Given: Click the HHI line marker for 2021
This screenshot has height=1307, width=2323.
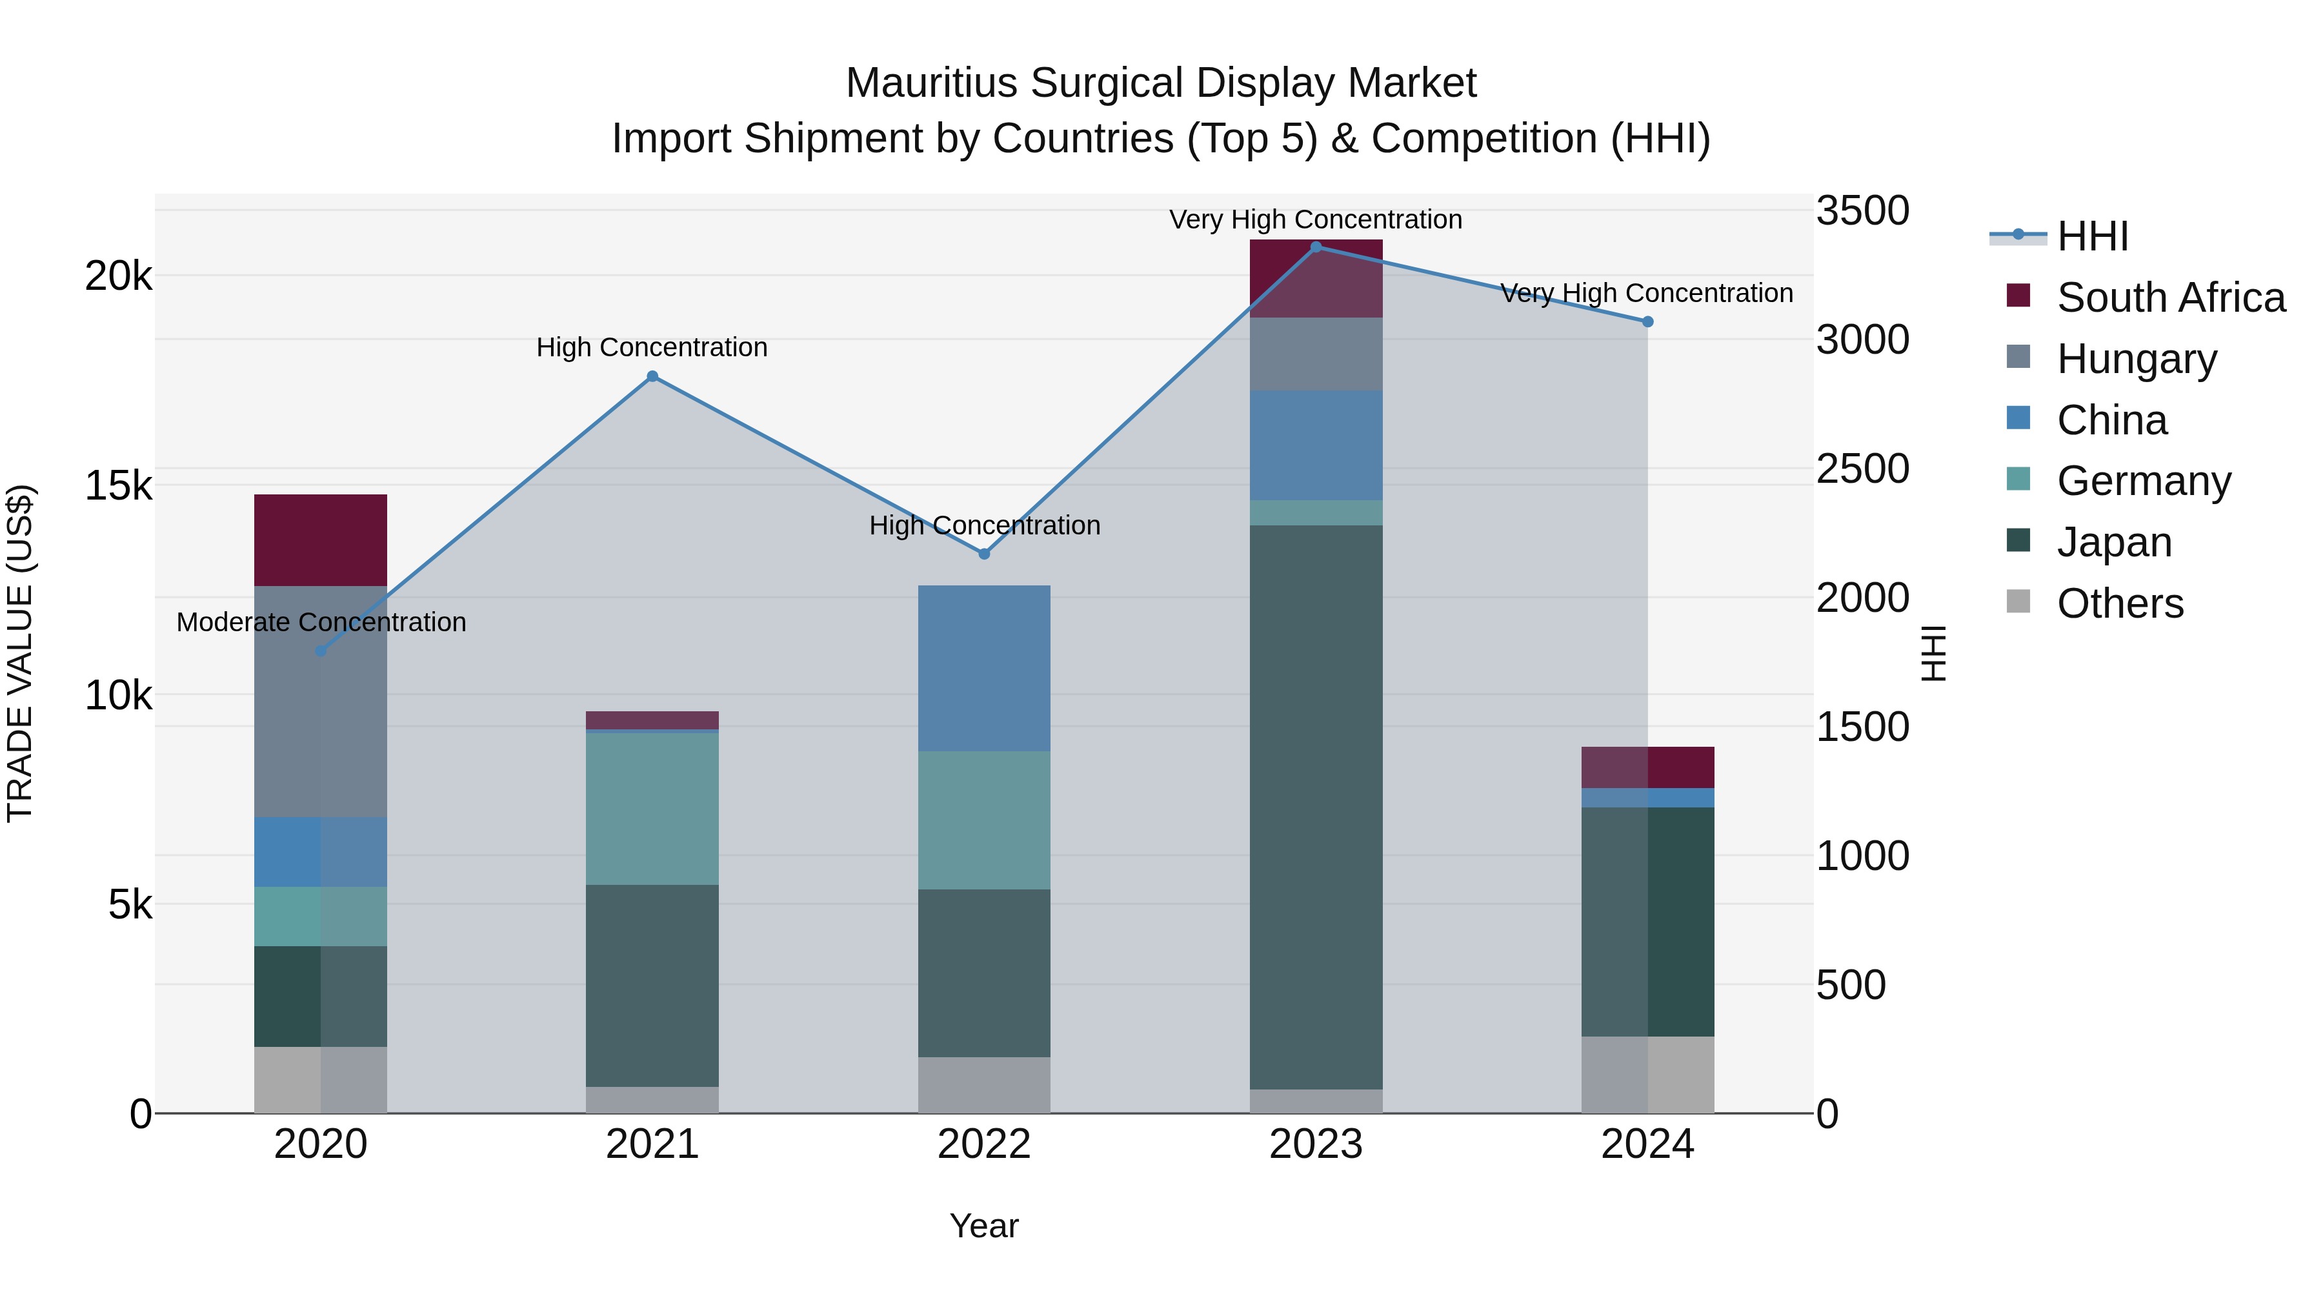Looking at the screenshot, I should (652, 377).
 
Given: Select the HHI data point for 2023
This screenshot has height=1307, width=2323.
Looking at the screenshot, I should (1316, 247).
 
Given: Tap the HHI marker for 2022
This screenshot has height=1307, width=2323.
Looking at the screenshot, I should (984, 554).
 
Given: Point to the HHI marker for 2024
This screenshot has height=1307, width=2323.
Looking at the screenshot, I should (1647, 322).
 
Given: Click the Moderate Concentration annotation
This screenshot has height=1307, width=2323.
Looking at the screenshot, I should (321, 622).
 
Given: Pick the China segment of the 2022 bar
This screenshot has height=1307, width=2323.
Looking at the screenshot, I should (984, 669).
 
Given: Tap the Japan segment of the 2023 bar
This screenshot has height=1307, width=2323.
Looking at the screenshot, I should (1316, 807).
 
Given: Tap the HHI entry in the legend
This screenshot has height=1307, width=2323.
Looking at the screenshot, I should (2092, 236).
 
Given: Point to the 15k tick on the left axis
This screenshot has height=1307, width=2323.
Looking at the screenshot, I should (118, 486).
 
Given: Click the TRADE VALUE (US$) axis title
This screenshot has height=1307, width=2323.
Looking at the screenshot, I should (20, 653).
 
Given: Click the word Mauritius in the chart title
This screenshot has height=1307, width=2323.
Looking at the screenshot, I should (932, 83).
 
